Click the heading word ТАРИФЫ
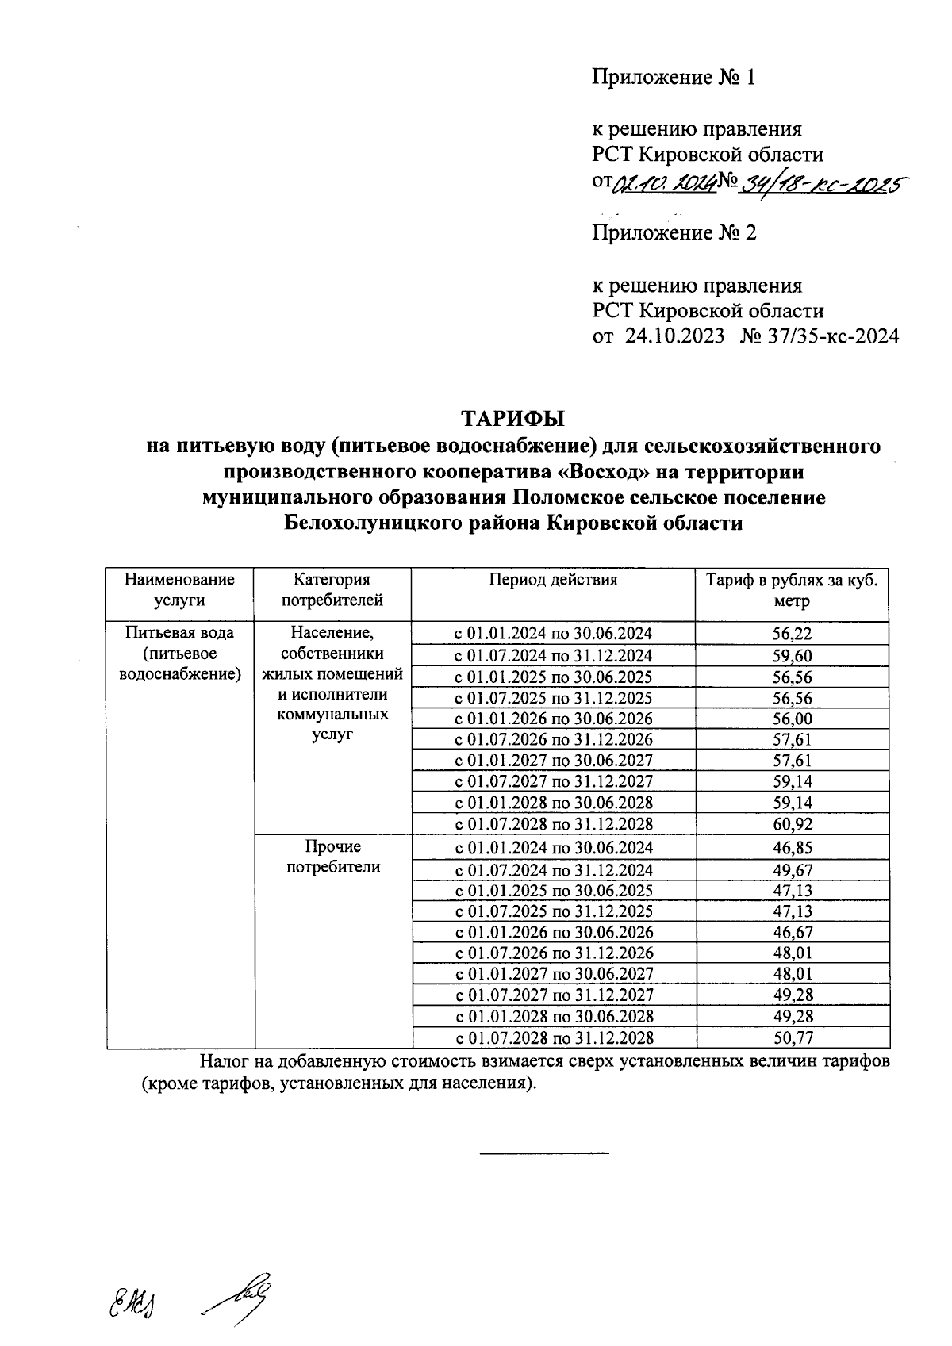point(512,418)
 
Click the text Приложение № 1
point(674,78)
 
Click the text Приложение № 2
point(674,233)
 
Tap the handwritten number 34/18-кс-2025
point(822,185)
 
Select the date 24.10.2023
point(674,336)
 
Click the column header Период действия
point(553,580)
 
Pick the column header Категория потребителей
point(332,589)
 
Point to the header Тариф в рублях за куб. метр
point(792,589)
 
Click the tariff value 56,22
point(792,634)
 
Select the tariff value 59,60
point(792,656)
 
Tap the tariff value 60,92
point(792,824)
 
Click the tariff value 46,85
point(792,847)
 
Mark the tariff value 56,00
point(792,719)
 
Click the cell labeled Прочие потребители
point(332,857)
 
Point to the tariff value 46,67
point(792,932)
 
